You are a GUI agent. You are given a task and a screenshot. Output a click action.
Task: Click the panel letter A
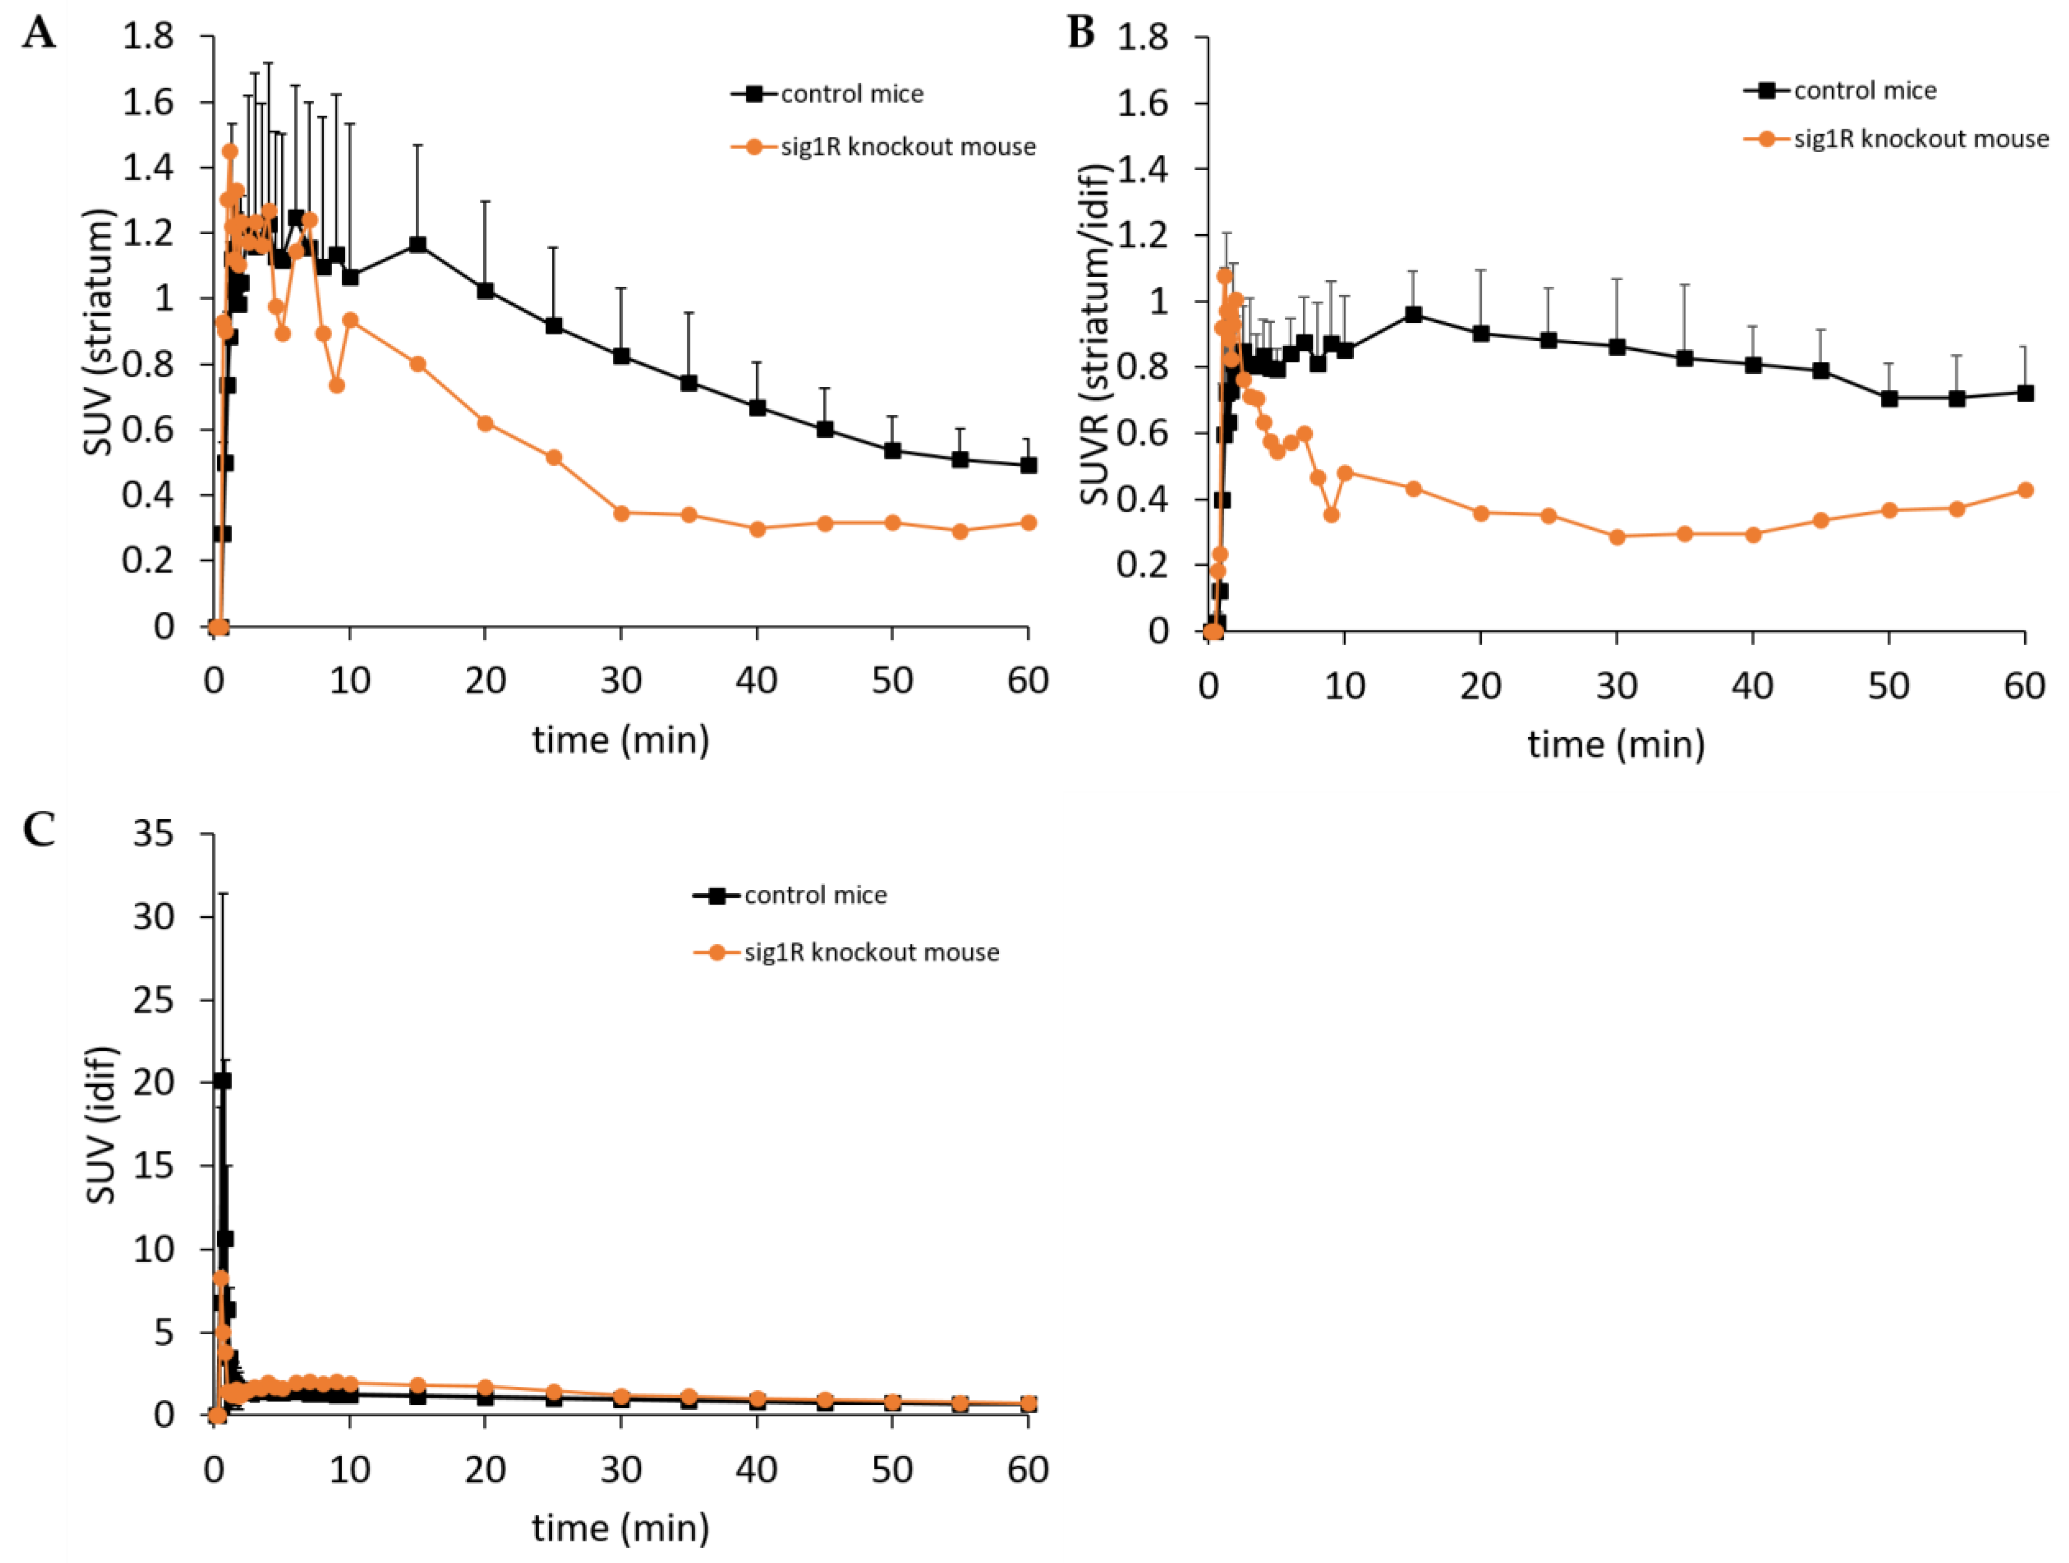39,34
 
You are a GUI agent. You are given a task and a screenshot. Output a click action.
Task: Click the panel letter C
39,829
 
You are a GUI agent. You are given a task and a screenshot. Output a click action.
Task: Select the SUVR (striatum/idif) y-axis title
1094,334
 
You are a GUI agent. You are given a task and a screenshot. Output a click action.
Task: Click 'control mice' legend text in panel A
852,94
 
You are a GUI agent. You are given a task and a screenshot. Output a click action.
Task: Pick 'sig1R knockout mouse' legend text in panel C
872,952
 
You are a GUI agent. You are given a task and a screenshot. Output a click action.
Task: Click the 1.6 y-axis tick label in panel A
148,101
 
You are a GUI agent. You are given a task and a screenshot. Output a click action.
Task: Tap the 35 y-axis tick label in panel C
153,832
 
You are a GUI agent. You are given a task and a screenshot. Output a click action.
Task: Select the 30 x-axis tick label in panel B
1616,687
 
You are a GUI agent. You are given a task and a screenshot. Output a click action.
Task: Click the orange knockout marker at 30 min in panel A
621,513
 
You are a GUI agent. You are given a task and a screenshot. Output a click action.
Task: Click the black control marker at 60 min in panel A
1028,465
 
